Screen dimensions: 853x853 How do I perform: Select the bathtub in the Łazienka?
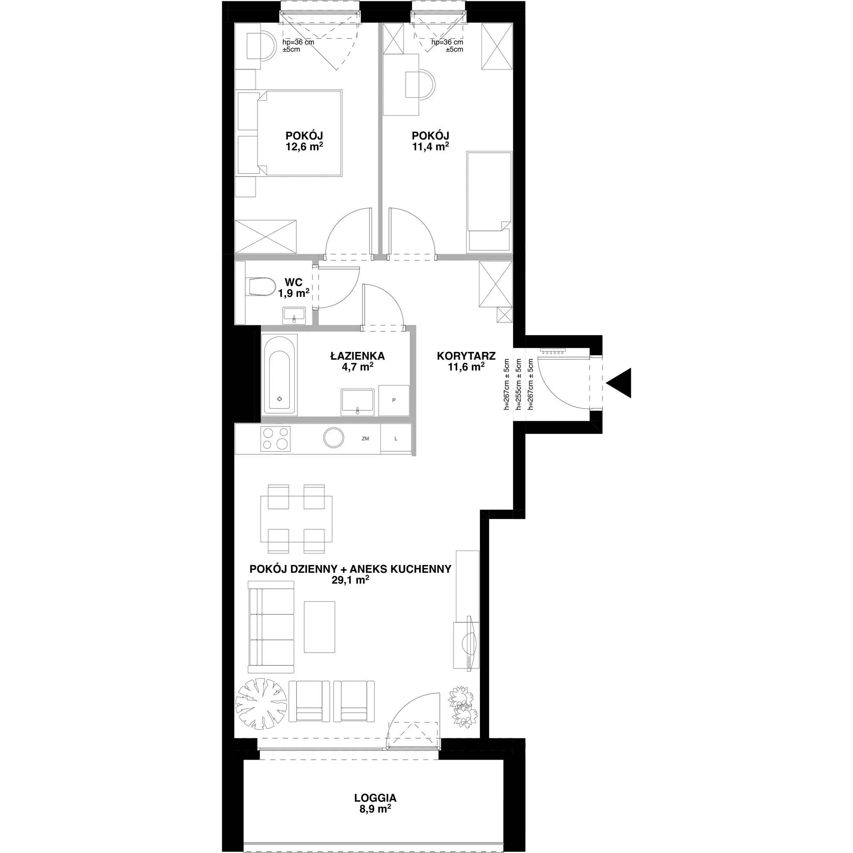(x=279, y=375)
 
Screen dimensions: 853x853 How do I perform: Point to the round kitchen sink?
(x=334, y=438)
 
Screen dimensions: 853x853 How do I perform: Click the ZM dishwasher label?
(x=365, y=439)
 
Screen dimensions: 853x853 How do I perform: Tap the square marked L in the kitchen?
(x=396, y=439)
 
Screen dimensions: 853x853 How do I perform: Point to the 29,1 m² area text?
(x=350, y=580)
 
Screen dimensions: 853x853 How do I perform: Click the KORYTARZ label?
(x=466, y=355)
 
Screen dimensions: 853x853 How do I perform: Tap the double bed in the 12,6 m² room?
(x=290, y=133)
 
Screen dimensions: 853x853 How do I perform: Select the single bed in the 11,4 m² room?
(x=489, y=201)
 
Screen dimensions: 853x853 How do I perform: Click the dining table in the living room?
(x=297, y=519)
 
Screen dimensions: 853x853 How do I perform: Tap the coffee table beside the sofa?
(x=319, y=627)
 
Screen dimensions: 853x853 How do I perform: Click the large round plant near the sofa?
(x=261, y=705)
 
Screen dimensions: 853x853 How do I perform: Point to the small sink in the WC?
(x=293, y=316)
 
